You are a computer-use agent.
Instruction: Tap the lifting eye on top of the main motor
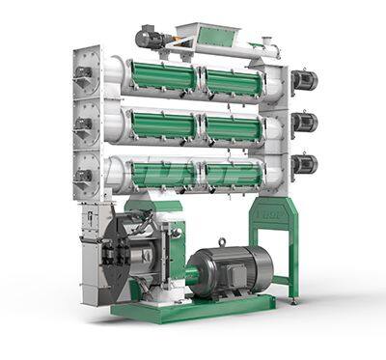[222, 241]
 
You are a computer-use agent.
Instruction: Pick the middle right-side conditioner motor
[304, 122]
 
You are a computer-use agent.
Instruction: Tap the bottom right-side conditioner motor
[304, 164]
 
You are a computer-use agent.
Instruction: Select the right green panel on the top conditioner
[232, 82]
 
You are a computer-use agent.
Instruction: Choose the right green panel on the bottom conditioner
[232, 174]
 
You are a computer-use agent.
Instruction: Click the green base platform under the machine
[193, 309]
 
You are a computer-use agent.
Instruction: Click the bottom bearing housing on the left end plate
[85, 176]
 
